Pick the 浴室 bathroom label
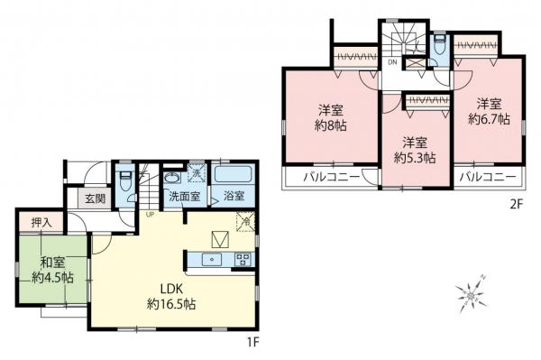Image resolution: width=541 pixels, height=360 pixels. click(x=233, y=196)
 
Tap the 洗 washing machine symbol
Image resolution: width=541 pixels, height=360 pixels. click(x=197, y=173)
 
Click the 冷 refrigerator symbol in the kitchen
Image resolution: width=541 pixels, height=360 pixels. click(x=243, y=219)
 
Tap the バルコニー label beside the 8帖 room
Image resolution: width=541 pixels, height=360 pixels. click(x=328, y=177)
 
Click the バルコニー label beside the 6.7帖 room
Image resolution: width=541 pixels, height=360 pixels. click(x=487, y=177)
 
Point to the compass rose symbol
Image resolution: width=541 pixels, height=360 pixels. click(x=472, y=294)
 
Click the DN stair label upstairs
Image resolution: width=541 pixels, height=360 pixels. click(x=393, y=62)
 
